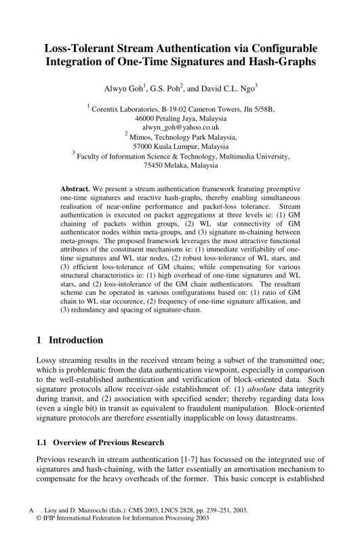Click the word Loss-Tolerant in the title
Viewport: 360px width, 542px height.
point(81,49)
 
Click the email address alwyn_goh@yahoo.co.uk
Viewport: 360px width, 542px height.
point(180,127)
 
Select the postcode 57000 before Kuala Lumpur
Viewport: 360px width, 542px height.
point(144,146)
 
